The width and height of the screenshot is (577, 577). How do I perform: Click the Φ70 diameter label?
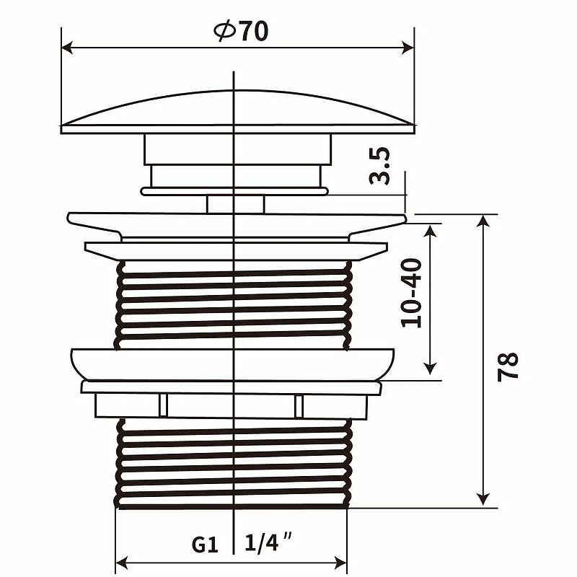coord(241,31)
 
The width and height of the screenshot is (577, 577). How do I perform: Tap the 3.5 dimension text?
coord(379,166)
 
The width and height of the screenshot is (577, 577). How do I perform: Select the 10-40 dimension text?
coord(411,293)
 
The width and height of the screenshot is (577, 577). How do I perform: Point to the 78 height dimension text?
coord(508,367)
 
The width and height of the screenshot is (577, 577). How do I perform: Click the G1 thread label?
coord(205,545)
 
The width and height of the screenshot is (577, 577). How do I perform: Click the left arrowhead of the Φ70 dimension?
coord(67,48)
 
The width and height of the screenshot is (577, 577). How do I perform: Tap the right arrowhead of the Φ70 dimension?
coord(408,48)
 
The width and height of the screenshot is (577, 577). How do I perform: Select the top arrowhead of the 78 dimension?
coord(483,221)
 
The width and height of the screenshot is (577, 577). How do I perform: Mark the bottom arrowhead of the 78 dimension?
coord(483,499)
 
